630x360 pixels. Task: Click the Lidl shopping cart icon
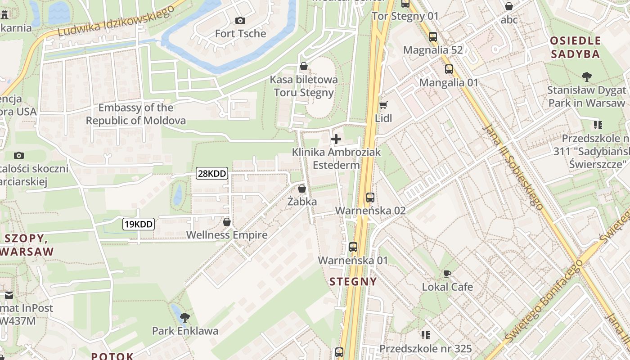coord(383,105)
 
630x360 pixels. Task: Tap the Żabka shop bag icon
coord(302,189)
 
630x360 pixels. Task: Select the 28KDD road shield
coord(212,173)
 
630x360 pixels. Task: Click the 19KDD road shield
coord(139,224)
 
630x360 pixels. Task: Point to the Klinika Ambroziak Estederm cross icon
coord(336,139)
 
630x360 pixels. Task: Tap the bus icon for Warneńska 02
coord(370,197)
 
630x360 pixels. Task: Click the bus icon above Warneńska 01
coord(353,247)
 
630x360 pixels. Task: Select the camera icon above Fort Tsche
coord(240,20)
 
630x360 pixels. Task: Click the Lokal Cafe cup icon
coord(447,274)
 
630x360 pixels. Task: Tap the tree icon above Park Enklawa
coord(184,318)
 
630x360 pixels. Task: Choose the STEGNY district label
coord(353,282)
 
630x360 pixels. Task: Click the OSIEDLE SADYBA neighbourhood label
coord(576,47)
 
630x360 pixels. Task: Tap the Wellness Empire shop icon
coord(227,222)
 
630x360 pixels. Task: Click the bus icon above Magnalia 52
coord(433,37)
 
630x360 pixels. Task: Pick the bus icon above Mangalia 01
coord(449,69)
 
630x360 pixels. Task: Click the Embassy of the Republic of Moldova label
coord(136,114)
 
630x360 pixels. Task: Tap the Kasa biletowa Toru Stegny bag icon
coord(304,67)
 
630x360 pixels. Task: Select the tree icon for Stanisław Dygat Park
coord(586,76)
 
